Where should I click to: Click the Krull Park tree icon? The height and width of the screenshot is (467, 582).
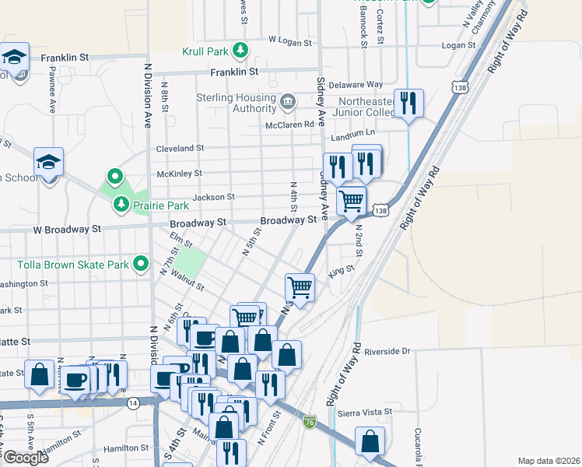(x=241, y=51)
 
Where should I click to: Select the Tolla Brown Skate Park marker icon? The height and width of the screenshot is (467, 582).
(x=141, y=265)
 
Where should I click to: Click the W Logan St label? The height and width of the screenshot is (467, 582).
(x=289, y=38)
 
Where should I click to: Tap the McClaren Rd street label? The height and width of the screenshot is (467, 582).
(x=289, y=124)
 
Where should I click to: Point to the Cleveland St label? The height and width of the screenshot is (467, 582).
(x=180, y=148)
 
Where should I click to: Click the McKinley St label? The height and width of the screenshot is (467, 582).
(x=180, y=174)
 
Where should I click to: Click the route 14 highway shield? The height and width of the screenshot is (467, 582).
(x=134, y=402)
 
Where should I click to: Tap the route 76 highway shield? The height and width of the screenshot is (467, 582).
(x=310, y=421)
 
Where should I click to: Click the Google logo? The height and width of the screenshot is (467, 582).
(x=25, y=458)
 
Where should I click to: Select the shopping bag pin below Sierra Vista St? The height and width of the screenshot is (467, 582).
(x=370, y=441)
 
